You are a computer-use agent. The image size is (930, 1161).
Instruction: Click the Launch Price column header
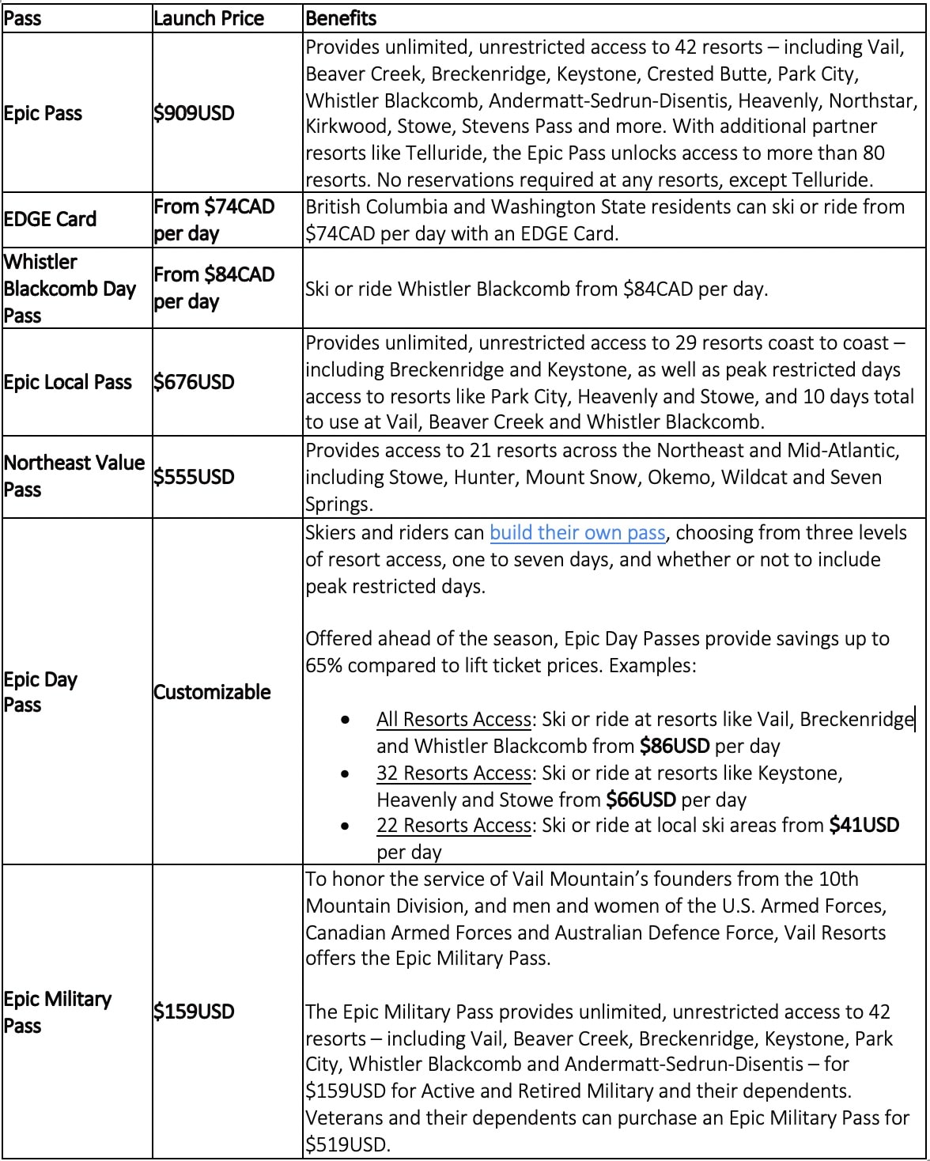pos(209,18)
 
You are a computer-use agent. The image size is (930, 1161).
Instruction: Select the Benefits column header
pos(341,18)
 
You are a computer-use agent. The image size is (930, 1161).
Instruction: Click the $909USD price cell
pos(194,113)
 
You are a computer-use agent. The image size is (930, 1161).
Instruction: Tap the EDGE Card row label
pos(50,219)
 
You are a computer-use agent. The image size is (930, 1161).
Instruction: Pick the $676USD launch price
pos(194,382)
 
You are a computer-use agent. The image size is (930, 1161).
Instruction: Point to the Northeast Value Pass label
pos(74,475)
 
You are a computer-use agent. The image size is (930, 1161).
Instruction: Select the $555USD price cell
pos(194,477)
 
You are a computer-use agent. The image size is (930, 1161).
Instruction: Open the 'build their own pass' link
pos(577,533)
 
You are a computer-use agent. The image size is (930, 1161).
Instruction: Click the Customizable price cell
pos(212,692)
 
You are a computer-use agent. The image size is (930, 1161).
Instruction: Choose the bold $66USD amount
pos(641,800)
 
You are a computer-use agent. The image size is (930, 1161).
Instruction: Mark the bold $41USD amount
pos(864,826)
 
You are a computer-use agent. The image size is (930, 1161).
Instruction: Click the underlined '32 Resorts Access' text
pos(453,773)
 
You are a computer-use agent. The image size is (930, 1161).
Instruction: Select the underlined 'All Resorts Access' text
pos(453,719)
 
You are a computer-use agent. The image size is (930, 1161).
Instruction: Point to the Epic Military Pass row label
pos(57,1012)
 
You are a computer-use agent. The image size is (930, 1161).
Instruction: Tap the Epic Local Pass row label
pos(67,382)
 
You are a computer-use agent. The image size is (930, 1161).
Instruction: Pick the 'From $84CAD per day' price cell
pos(214,288)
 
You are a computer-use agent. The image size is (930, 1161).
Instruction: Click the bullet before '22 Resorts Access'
pos(345,826)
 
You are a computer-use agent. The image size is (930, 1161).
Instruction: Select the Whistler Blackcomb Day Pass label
pos(70,288)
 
